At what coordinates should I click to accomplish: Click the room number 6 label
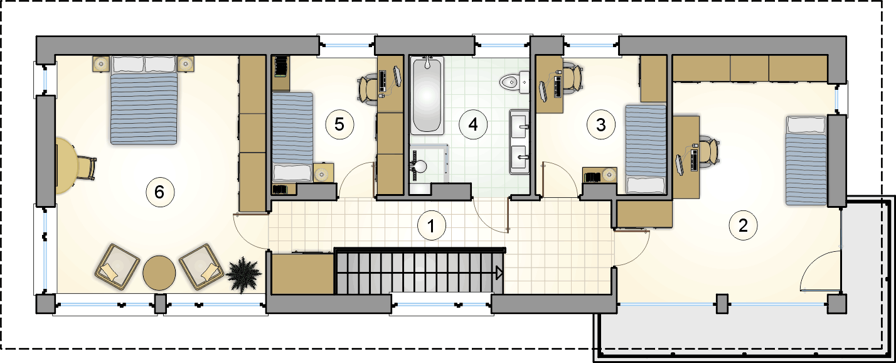point(159,192)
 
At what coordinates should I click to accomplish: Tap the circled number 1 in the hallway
point(431,225)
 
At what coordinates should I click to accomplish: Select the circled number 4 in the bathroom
point(473,124)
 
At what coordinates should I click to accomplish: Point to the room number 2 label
point(743,225)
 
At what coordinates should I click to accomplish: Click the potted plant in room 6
point(243,275)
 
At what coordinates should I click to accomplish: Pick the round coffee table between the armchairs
point(159,273)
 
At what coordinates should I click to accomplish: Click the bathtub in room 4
point(427,95)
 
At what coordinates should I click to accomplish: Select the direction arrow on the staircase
point(499,273)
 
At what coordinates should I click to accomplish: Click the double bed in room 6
point(144,100)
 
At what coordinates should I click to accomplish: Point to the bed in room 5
point(292,138)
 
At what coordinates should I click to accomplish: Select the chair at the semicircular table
point(86,168)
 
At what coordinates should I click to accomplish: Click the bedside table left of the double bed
point(101,64)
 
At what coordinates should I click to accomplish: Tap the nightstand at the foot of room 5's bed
point(323,173)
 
